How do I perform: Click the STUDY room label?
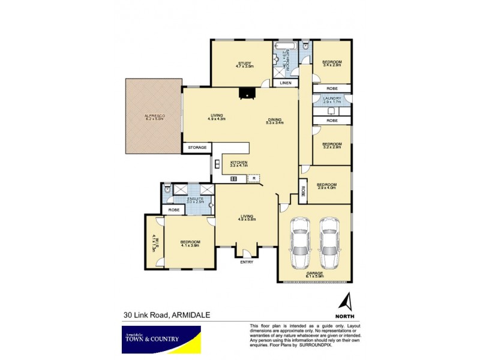point(244,62)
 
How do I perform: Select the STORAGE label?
point(197,147)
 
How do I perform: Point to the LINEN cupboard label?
point(286,83)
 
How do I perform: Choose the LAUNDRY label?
point(332,98)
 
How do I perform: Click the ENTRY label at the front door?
point(247,262)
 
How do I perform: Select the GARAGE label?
point(314,273)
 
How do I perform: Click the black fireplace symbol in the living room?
point(246,92)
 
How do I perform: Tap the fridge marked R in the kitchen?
point(254,178)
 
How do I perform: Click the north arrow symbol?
point(346,301)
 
